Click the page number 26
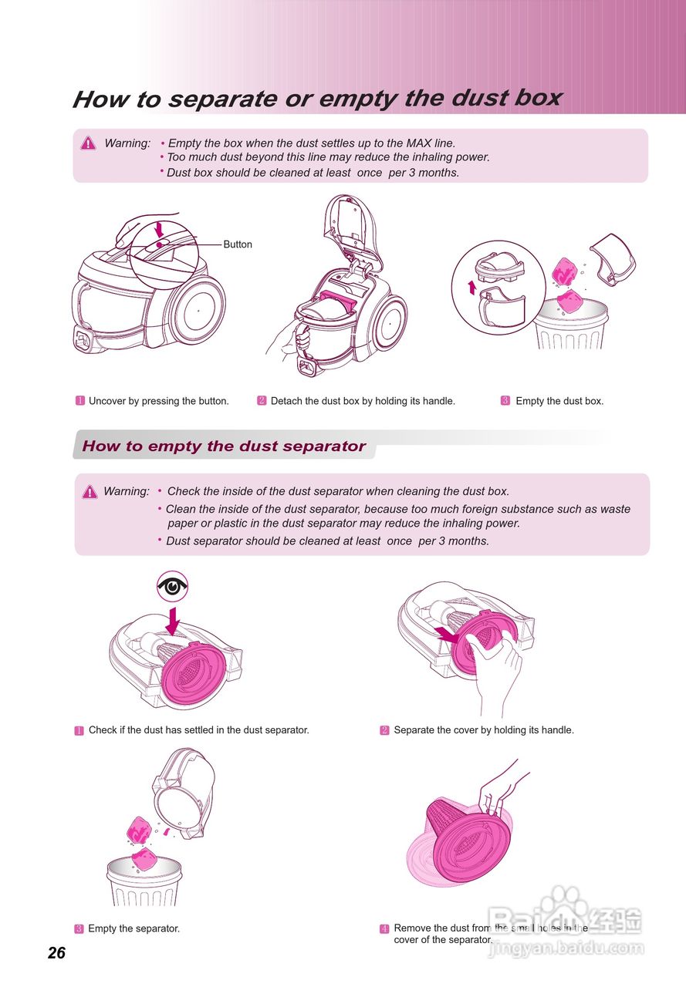click(56, 953)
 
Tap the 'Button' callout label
click(238, 244)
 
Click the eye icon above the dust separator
click(173, 587)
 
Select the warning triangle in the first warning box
click(89, 143)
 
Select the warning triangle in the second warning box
click(90, 492)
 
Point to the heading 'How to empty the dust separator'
click(224, 446)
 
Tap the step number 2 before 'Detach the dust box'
click(262, 401)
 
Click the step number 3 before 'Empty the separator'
click(79, 928)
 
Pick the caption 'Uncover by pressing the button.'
click(158, 401)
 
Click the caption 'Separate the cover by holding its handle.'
click(484, 729)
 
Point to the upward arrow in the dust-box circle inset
click(472, 287)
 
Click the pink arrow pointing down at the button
click(160, 229)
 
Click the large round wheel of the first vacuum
click(198, 309)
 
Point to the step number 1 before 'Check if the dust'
click(79, 730)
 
